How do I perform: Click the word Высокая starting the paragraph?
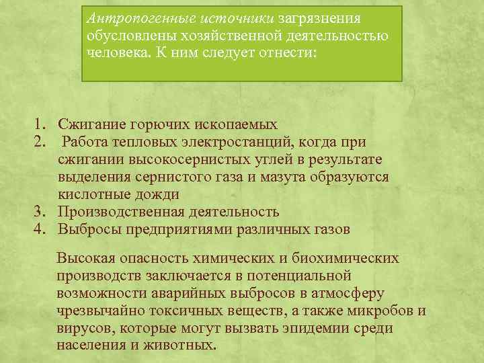click(x=86, y=258)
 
